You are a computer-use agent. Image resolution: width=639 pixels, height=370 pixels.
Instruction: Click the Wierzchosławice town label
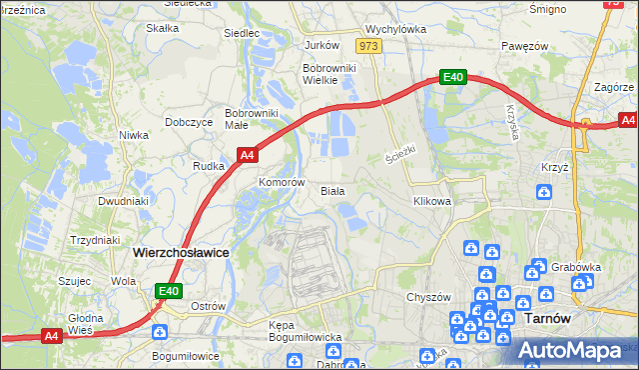point(181,253)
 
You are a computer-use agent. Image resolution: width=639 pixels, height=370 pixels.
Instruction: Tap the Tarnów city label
point(547,317)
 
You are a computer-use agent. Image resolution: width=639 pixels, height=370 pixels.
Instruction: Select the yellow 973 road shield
point(369,46)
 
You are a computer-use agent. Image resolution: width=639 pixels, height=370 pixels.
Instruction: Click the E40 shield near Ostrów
point(169,291)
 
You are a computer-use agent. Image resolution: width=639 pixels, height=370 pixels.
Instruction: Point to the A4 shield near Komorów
point(249,155)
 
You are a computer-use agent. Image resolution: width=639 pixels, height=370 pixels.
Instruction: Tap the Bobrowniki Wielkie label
point(323,74)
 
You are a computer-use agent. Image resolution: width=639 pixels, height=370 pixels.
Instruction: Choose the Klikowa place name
point(432,201)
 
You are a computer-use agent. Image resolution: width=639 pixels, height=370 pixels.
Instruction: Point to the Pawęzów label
point(525,46)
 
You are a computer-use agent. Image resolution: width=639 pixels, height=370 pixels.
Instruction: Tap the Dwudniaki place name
point(124,201)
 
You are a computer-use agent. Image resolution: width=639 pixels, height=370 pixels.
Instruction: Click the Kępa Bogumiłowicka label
point(307,331)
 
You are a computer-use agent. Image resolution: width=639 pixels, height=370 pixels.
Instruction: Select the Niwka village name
point(133,134)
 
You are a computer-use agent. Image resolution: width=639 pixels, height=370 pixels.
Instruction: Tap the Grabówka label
point(574,267)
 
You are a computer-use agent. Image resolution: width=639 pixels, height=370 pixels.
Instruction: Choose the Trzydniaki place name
point(95,240)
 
